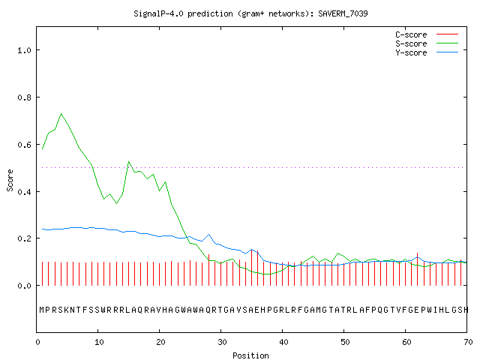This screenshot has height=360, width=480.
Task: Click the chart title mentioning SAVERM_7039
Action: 250,13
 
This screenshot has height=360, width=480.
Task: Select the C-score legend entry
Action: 427,34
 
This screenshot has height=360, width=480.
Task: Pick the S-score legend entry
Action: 427,43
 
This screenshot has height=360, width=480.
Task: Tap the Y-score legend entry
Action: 427,52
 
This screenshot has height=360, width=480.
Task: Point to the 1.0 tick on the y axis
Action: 24,50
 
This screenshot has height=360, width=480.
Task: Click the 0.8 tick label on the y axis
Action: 24,97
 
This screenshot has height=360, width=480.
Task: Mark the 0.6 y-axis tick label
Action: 24,145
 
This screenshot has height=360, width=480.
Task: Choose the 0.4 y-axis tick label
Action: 24,192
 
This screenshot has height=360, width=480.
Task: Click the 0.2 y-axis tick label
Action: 24,238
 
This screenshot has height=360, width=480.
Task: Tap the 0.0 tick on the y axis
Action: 24,286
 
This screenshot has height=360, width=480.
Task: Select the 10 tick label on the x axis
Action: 99,342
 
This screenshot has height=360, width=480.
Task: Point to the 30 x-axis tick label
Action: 222,342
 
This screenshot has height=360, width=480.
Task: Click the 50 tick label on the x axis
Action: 345,342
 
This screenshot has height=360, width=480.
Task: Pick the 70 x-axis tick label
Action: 468,342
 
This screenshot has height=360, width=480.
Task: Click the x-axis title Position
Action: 250,355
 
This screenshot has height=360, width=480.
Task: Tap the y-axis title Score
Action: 10,180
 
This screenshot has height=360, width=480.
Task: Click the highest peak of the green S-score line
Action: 61,113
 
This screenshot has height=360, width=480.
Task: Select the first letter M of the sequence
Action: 42,310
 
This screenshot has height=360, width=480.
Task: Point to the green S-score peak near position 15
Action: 128,162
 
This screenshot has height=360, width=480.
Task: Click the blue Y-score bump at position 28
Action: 208,235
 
